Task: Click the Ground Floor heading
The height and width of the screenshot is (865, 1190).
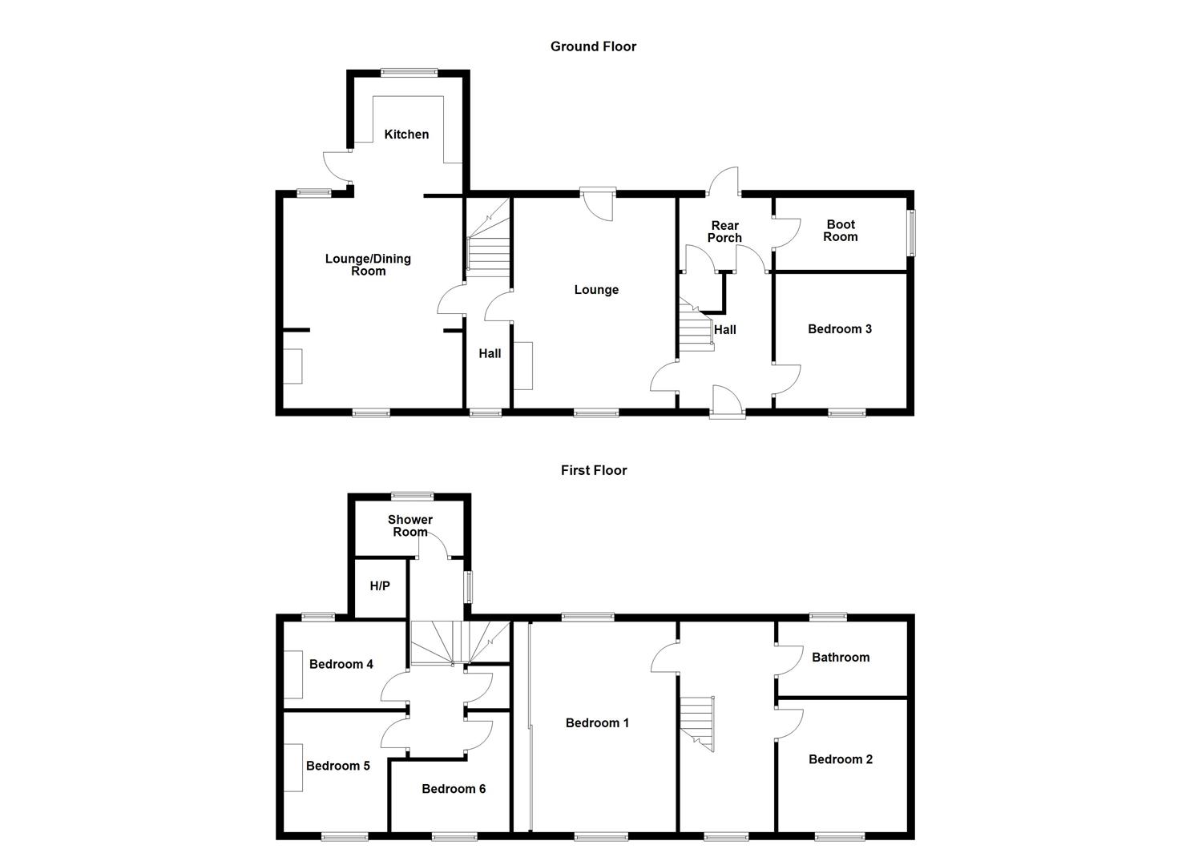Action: click(x=593, y=46)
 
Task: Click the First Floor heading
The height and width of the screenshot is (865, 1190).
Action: click(x=594, y=470)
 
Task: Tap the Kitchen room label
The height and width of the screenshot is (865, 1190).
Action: click(x=406, y=135)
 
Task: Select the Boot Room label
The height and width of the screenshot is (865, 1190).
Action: click(x=841, y=231)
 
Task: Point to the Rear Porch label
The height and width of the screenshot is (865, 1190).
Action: click(x=724, y=232)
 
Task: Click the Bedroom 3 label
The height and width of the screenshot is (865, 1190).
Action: click(x=839, y=329)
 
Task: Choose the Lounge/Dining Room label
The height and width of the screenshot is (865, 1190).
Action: click(x=368, y=265)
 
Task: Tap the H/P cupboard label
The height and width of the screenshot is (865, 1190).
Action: click(x=380, y=585)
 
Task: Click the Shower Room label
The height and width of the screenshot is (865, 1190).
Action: click(x=410, y=525)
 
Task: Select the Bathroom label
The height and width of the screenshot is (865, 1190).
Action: click(x=841, y=658)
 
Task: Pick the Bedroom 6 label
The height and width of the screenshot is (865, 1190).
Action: click(x=454, y=789)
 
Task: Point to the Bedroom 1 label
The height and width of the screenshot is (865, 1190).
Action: click(x=597, y=723)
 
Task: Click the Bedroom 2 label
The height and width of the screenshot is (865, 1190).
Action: click(x=841, y=759)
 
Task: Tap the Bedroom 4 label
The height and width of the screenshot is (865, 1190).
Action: click(x=341, y=664)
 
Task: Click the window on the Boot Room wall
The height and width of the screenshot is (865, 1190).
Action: click(x=912, y=233)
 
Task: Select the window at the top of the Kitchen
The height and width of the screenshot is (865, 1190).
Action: click(x=409, y=73)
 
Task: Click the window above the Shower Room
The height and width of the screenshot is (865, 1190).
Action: click(x=413, y=496)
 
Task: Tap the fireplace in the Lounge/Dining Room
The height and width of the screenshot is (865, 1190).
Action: click(x=292, y=366)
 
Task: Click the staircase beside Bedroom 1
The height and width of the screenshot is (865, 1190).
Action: click(x=697, y=724)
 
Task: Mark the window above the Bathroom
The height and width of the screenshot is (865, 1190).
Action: click(x=829, y=617)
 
